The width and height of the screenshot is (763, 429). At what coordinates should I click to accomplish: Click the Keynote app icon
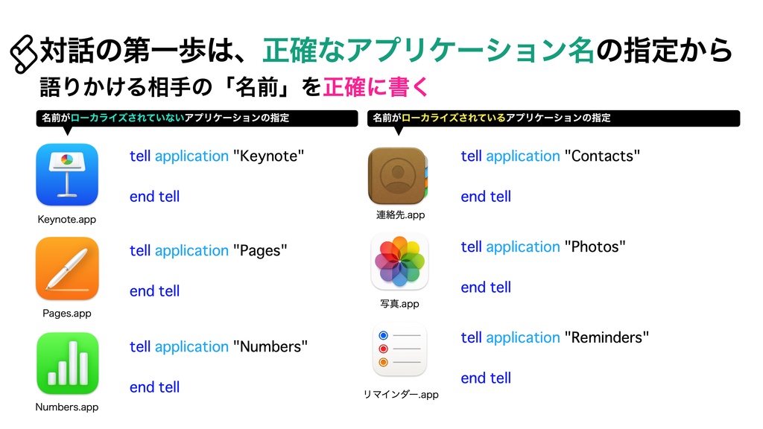coord(67,174)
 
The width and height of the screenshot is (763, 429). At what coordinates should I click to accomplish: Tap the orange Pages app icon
coord(67,268)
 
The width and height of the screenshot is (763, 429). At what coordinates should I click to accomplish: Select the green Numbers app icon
coord(67,363)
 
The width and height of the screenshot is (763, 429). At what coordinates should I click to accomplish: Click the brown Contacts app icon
coord(398,175)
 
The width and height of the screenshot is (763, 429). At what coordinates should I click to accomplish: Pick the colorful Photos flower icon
coord(399,261)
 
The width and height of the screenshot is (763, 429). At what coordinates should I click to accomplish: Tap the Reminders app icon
coord(399,350)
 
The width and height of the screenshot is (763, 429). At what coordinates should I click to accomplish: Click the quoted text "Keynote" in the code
coord(269,156)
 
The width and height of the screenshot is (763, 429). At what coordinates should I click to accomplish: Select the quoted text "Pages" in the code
coord(260,250)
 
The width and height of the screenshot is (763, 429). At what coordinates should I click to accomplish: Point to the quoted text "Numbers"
coord(270,346)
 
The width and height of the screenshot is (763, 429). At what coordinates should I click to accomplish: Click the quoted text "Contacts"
coord(603,156)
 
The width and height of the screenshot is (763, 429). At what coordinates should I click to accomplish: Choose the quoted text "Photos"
coord(595,247)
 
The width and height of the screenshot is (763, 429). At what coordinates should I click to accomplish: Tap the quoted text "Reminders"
coord(607,337)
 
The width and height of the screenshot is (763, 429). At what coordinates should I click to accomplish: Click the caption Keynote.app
coord(67,220)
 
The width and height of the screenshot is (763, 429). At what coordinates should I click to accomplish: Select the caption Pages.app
coord(67,314)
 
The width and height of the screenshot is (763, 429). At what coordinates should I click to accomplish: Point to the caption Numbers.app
coord(67,407)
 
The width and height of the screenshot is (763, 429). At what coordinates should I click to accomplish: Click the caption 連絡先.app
coord(400,215)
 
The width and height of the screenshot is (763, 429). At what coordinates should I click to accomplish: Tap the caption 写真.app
coord(400,304)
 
